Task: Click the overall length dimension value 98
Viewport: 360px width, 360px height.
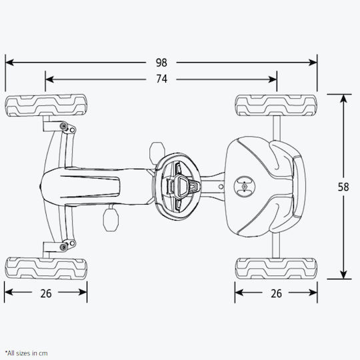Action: (x=161, y=63)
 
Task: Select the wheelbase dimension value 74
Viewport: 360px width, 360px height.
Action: (x=161, y=79)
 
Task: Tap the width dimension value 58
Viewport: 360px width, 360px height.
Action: (x=343, y=187)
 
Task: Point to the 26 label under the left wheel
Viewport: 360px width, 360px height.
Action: (x=46, y=293)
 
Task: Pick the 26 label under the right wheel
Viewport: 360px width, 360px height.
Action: (x=276, y=293)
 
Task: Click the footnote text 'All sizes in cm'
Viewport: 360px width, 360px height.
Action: (x=27, y=353)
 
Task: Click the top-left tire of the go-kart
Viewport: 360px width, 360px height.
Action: (x=46, y=105)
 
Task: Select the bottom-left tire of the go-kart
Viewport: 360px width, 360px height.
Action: (x=46, y=268)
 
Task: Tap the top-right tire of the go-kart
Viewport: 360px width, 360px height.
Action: (x=276, y=105)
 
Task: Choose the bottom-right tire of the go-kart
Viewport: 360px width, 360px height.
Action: (x=276, y=268)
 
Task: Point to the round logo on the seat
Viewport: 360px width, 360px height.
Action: (x=244, y=186)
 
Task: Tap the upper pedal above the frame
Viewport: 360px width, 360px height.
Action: (x=157, y=151)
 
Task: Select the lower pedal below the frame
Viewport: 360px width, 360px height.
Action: (x=111, y=220)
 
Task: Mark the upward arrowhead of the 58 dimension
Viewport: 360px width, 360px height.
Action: (x=343, y=99)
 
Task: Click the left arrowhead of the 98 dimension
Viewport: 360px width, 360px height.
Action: (x=9, y=62)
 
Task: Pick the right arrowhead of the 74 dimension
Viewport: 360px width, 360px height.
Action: (x=273, y=79)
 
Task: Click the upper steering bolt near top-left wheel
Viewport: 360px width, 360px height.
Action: (x=63, y=126)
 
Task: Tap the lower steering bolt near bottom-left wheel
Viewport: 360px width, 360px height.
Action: (x=63, y=247)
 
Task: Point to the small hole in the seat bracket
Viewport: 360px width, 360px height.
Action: (x=221, y=187)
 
